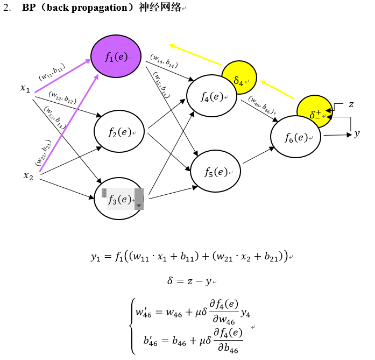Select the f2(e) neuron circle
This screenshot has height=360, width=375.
119,132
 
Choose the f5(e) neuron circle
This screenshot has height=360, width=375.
215,172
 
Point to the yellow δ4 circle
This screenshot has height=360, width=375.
239,79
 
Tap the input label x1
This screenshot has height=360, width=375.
25,88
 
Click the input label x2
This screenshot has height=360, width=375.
28,175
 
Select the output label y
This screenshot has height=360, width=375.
357,133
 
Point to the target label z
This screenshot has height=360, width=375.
351,104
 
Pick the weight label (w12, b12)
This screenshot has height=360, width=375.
62,98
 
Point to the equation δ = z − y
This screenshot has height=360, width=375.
191,281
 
